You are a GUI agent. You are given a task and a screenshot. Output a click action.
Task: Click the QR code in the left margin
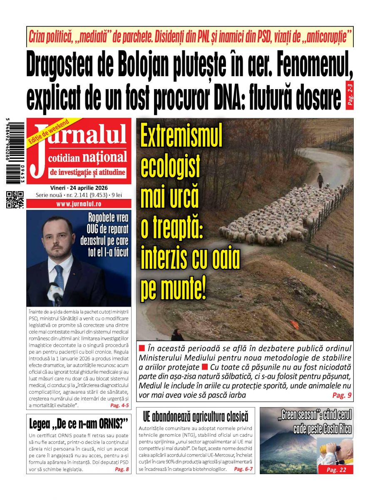(x=15, y=199)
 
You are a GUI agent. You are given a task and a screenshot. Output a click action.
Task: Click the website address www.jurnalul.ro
(x=79, y=204)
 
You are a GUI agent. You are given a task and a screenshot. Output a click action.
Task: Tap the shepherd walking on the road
(x=320, y=180)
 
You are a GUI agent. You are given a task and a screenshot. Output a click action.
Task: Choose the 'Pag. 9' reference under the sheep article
(x=342, y=395)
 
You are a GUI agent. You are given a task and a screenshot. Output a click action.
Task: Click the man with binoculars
(x=335, y=452)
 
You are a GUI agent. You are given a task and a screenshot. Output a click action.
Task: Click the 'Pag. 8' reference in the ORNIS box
(x=122, y=470)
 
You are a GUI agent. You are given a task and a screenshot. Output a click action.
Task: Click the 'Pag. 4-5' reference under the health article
(x=119, y=405)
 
